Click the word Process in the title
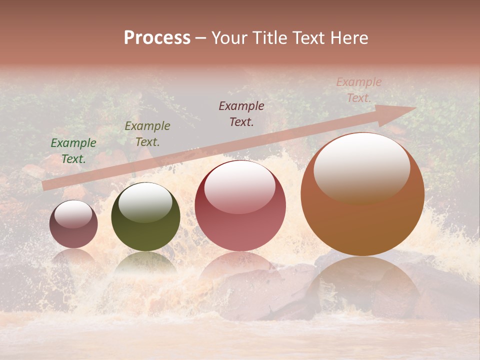tap(157, 38)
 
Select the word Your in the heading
tap(229, 38)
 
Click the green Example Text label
tap(73, 151)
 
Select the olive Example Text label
tap(147, 134)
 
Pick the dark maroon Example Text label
tap(241, 113)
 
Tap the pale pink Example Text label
tap(359, 90)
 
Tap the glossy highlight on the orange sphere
tap(362, 167)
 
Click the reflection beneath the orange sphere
tap(362, 285)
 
